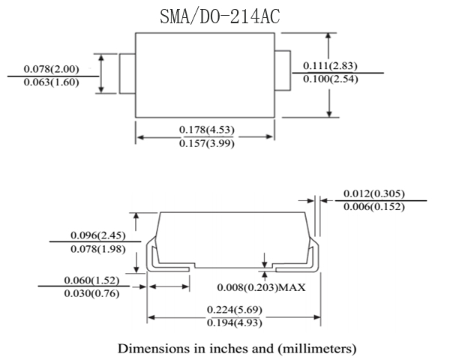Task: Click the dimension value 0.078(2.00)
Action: [51, 69]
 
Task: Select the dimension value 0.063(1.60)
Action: [51, 82]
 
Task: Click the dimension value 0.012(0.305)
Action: [373, 193]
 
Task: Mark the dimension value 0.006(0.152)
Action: [373, 207]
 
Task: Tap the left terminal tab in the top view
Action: [127, 73]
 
